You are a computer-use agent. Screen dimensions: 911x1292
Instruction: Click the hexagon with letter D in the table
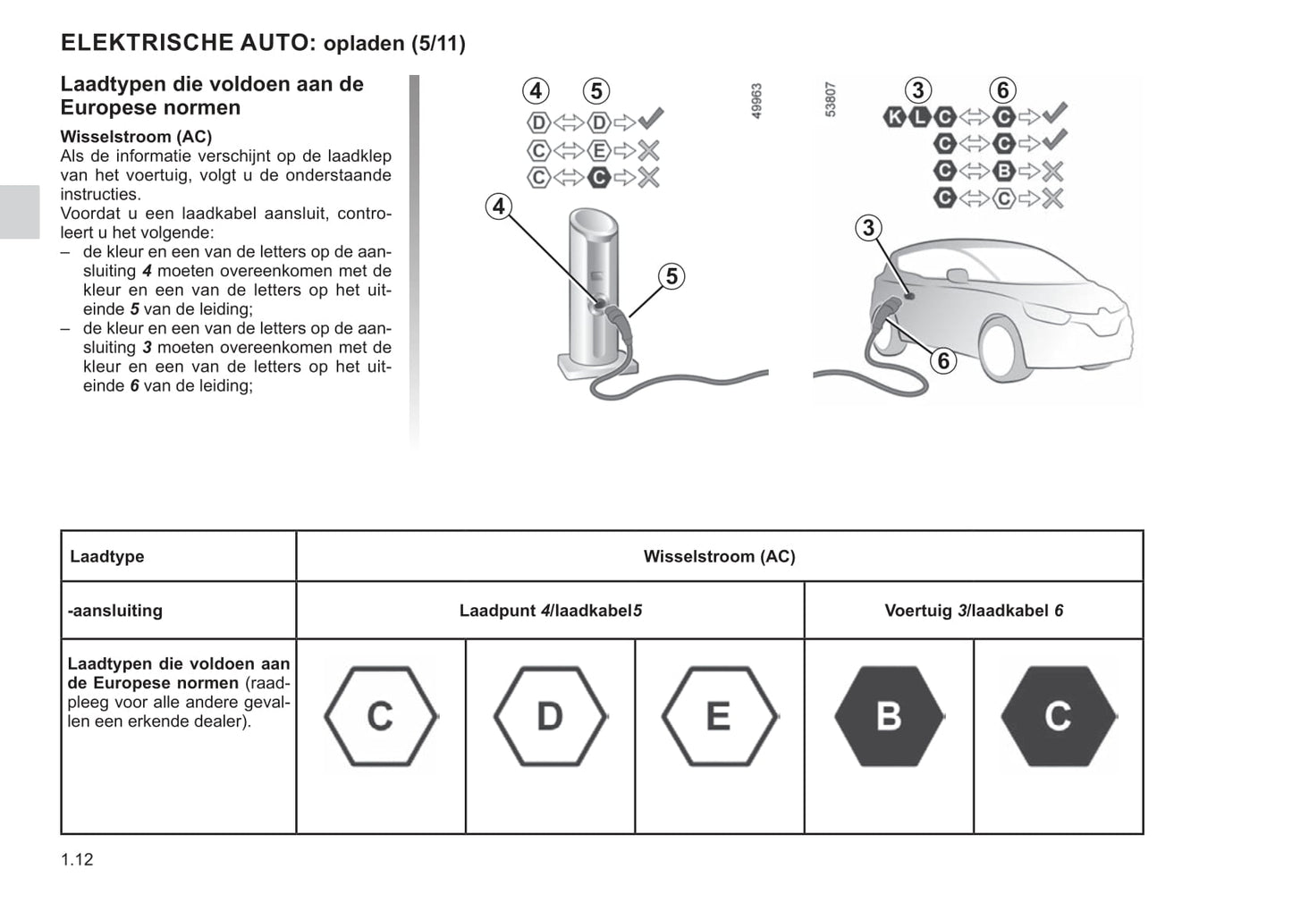tap(549, 716)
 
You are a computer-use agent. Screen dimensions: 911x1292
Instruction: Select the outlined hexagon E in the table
tap(719, 716)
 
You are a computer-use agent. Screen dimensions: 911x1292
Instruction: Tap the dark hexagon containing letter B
tap(889, 716)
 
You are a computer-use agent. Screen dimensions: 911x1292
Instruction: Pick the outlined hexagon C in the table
tap(380, 716)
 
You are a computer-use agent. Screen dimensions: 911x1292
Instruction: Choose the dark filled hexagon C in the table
tap(1058, 716)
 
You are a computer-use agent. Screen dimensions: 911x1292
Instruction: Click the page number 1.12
tap(77, 860)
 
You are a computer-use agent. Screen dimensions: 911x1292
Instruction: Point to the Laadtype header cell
tap(107, 557)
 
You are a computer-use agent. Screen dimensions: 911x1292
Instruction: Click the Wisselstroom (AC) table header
tap(719, 557)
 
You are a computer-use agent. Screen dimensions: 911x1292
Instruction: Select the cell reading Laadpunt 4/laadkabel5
tap(550, 612)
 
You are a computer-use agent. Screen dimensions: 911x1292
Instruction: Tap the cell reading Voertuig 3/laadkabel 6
tap(974, 612)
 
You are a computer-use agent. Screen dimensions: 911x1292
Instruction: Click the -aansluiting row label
tap(115, 612)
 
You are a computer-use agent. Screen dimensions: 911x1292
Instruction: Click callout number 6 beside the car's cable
tap(942, 361)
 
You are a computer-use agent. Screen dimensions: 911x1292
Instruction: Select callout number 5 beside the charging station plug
tap(671, 276)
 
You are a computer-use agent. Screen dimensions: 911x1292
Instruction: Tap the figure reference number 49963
tap(756, 101)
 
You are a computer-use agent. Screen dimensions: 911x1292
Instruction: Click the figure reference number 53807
tap(831, 99)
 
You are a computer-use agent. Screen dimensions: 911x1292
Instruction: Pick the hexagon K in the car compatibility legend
tap(894, 116)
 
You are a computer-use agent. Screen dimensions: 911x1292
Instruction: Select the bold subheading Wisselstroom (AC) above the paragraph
tap(136, 137)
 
